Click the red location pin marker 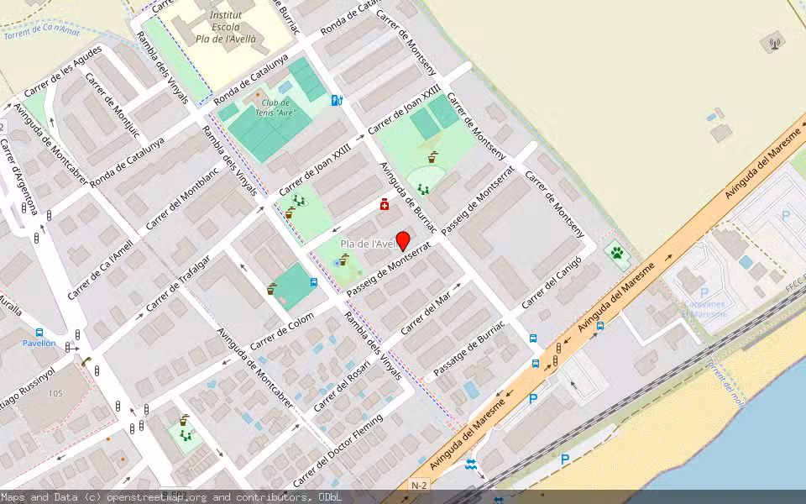[402, 240]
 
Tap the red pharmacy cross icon [385, 204]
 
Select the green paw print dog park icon [617, 253]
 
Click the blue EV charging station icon [337, 101]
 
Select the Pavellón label [39, 343]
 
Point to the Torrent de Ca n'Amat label [41, 32]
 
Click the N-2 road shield [419, 486]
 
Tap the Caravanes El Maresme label [703, 308]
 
